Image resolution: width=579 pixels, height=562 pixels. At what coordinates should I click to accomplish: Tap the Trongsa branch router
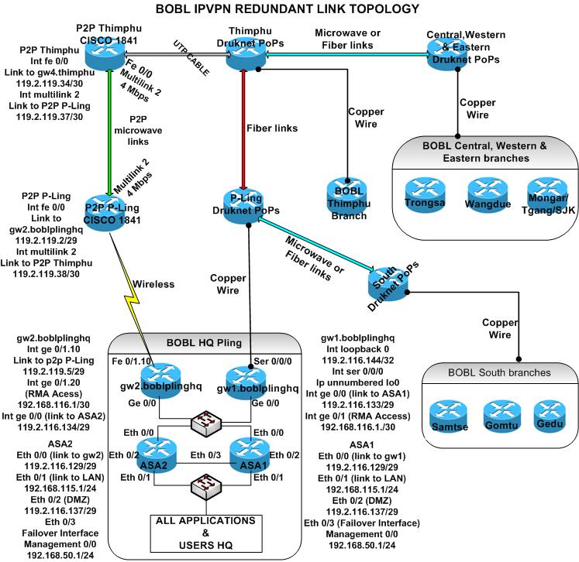click(x=425, y=194)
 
